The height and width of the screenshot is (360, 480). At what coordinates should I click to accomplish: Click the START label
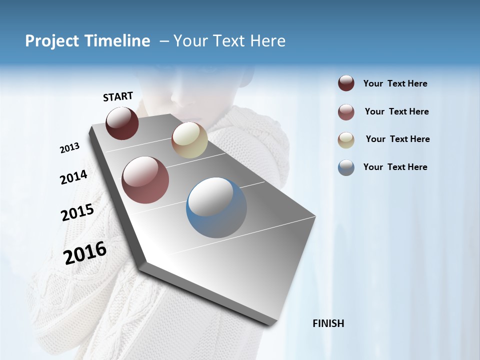pyautogui.click(x=118, y=96)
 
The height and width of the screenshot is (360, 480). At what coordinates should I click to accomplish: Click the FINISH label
pyautogui.click(x=328, y=323)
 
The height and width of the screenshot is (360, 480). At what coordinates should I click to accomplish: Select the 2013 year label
pyautogui.click(x=69, y=148)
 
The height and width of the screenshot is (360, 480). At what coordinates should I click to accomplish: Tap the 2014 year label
pyautogui.click(x=73, y=177)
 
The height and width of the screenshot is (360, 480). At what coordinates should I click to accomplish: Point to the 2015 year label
pyautogui.click(x=77, y=212)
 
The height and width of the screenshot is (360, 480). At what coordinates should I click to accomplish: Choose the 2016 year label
pyautogui.click(x=85, y=252)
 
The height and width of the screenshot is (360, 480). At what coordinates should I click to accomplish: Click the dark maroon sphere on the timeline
pyautogui.click(x=122, y=123)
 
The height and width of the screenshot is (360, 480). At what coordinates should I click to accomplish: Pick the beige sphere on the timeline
pyautogui.click(x=189, y=140)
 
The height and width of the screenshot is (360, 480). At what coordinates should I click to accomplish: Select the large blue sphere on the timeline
pyautogui.click(x=216, y=207)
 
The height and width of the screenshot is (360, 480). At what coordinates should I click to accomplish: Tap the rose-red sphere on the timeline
pyautogui.click(x=145, y=180)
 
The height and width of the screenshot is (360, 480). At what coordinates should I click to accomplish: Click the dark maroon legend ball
pyautogui.click(x=346, y=83)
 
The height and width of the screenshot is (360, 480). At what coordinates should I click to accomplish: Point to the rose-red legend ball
pyautogui.click(x=346, y=112)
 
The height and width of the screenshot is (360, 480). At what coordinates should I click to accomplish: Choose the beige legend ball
pyautogui.click(x=346, y=139)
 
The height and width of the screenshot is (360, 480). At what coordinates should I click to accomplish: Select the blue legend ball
pyautogui.click(x=346, y=167)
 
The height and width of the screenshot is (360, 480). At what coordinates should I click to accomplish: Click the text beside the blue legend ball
pyautogui.click(x=395, y=167)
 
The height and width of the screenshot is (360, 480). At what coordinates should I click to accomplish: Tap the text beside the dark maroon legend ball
pyautogui.click(x=395, y=83)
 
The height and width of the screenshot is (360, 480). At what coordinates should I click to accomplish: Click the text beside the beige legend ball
pyautogui.click(x=397, y=139)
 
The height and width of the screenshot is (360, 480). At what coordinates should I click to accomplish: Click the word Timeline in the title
pyautogui.click(x=118, y=41)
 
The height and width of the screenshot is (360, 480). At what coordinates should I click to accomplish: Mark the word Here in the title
pyautogui.click(x=267, y=41)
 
